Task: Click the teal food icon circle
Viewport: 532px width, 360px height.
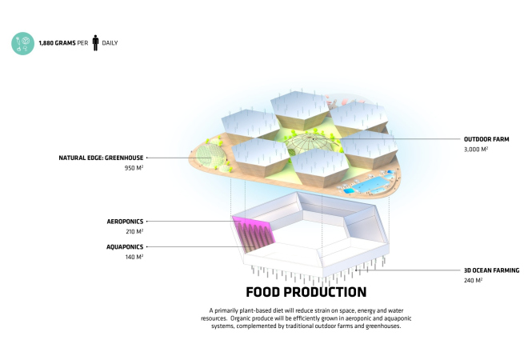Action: click(x=22, y=43)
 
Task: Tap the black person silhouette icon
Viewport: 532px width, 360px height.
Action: click(x=96, y=42)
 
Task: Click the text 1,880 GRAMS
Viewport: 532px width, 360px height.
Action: click(x=57, y=43)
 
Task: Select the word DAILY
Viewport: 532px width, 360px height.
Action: click(x=110, y=43)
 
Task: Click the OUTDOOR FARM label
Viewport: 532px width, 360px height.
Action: click(x=486, y=139)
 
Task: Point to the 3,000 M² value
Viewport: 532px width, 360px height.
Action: click(x=476, y=150)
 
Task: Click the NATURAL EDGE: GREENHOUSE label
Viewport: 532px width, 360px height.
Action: click(x=101, y=158)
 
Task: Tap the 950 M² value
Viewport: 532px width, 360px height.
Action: click(x=134, y=168)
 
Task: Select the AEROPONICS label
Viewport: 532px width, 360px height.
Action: click(x=125, y=222)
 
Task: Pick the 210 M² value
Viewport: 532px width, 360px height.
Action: click(x=134, y=231)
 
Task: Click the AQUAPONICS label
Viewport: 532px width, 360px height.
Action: click(x=125, y=247)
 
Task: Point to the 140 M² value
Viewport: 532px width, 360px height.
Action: click(x=134, y=257)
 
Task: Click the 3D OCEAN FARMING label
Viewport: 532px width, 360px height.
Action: click(x=492, y=270)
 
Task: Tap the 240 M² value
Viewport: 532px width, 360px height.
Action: click(x=473, y=280)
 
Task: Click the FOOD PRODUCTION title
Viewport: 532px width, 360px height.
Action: click(x=306, y=292)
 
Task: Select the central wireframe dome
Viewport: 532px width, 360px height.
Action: click(x=310, y=143)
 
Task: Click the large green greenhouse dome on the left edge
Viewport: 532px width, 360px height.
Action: click(x=211, y=156)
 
